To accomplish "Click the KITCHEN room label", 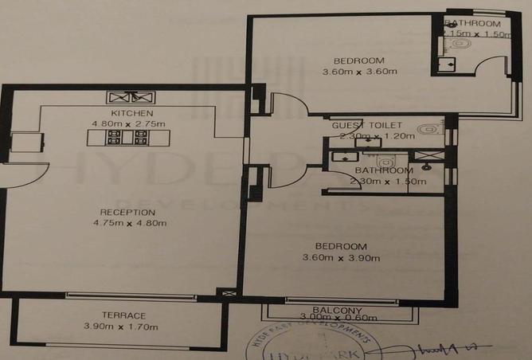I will point(127,114).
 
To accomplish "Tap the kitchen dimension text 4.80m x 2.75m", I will point(127,124).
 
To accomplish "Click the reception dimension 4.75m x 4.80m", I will point(127,223).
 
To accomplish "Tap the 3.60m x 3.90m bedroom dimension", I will point(352,257).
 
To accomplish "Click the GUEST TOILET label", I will point(367,126).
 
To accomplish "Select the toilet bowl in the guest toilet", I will point(428,127).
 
